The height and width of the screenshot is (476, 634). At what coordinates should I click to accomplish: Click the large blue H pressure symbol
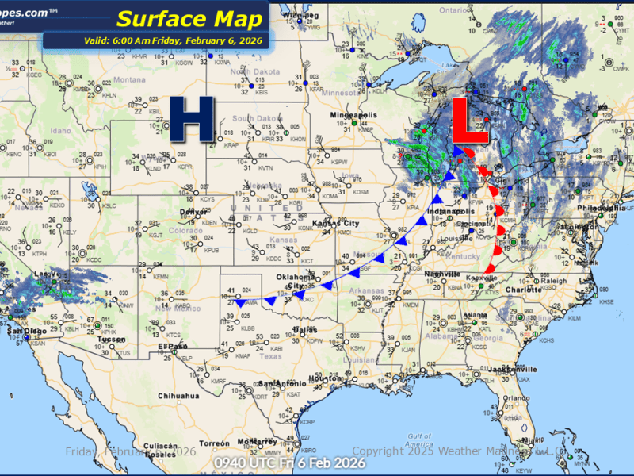(193, 120)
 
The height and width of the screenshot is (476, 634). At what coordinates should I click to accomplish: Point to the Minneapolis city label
(354, 117)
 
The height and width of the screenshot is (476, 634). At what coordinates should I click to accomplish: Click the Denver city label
(193, 213)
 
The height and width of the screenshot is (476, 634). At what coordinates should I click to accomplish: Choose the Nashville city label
(441, 274)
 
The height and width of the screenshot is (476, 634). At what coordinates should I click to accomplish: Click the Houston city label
(324, 378)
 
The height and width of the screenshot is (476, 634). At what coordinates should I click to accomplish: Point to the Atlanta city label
(476, 315)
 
